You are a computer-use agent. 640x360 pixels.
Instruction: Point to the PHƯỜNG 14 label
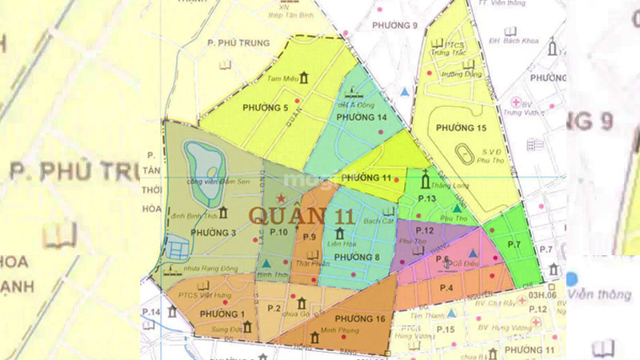tap(362, 118)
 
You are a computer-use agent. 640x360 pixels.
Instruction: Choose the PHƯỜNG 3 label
tap(214, 232)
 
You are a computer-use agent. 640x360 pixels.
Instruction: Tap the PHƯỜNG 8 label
tap(357, 257)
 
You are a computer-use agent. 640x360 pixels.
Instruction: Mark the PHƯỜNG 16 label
tap(358, 319)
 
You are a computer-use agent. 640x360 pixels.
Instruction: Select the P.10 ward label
tap(278, 232)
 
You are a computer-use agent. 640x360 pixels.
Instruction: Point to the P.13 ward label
tap(426, 198)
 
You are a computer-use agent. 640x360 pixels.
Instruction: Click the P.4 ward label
tap(446, 286)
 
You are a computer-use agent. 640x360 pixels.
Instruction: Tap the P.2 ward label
tap(274, 308)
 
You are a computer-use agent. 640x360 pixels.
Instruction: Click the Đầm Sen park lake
tap(202, 162)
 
